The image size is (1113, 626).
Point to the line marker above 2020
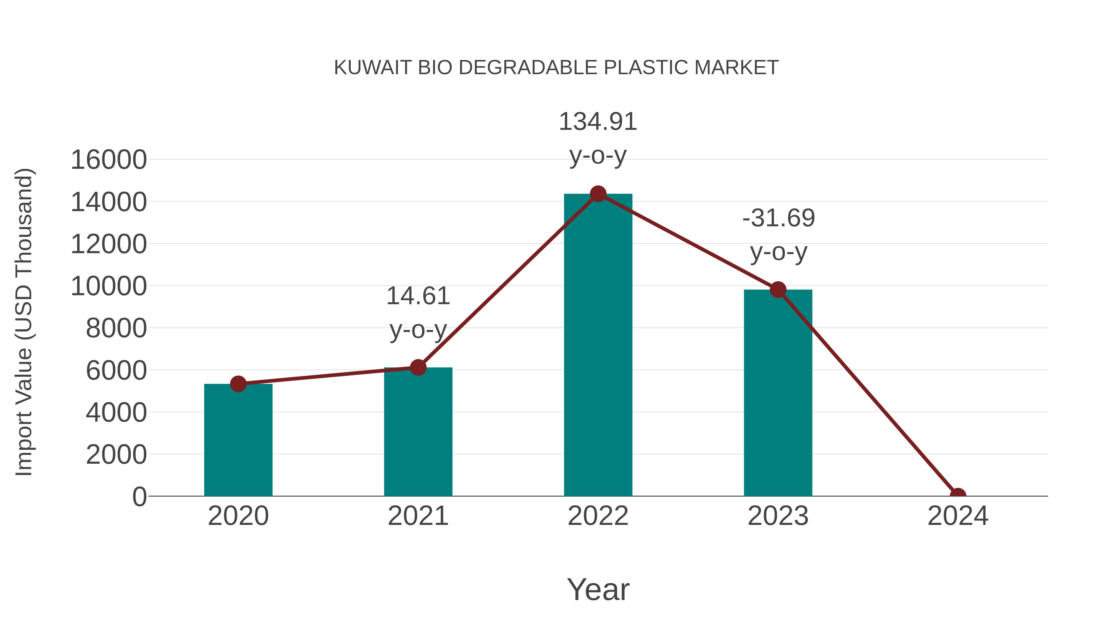[238, 384]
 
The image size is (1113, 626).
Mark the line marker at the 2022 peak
[598, 194]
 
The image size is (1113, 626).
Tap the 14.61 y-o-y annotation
[418, 313]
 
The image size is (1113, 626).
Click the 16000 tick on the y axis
[109, 160]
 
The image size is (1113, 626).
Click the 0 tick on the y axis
[139, 496]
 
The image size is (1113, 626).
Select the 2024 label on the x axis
[957, 516]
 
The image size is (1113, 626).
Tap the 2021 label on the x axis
[418, 516]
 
